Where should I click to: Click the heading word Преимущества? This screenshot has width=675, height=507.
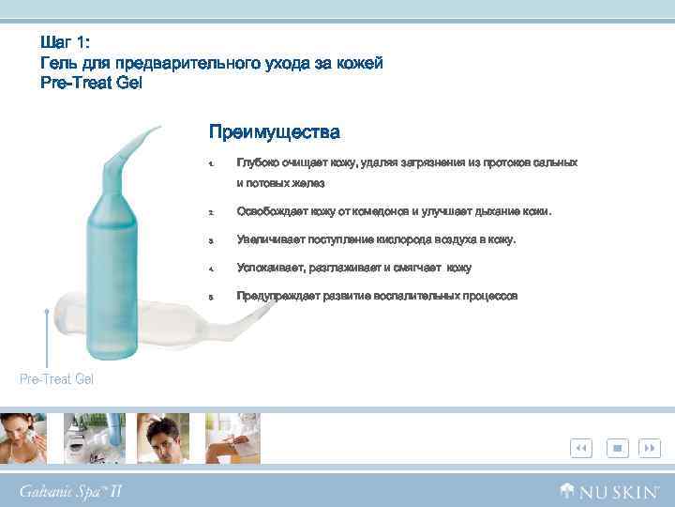(274, 131)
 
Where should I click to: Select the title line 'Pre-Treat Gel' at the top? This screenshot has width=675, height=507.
(91, 83)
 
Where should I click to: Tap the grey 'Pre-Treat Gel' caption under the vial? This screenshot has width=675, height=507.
(56, 378)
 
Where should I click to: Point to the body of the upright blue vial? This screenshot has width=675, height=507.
(113, 253)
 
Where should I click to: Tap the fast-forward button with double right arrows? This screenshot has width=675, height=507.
(650, 449)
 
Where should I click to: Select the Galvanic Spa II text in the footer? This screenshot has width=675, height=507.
(70, 491)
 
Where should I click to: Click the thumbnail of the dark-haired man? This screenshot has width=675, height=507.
(163, 438)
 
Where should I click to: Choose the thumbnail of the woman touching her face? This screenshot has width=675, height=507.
(24, 438)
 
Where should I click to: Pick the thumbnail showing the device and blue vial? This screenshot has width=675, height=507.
(94, 438)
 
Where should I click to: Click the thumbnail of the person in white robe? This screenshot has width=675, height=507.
(233, 438)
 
